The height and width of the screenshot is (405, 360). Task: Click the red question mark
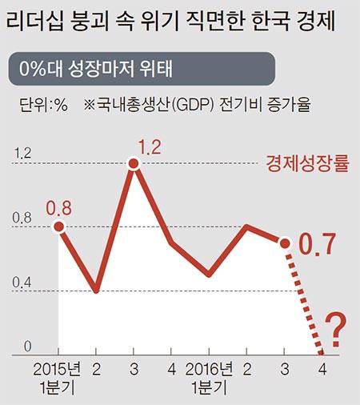[x=337, y=328]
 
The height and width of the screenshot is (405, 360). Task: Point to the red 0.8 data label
[x=58, y=208]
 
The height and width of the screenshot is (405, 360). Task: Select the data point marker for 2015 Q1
[x=58, y=227]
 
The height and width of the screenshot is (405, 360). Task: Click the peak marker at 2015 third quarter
[x=134, y=163]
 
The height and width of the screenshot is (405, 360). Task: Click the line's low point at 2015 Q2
[x=96, y=290]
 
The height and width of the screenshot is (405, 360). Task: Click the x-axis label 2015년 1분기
[x=58, y=378]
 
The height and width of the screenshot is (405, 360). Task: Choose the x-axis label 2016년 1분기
[x=209, y=378]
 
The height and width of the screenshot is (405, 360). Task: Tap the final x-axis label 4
[x=322, y=369]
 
